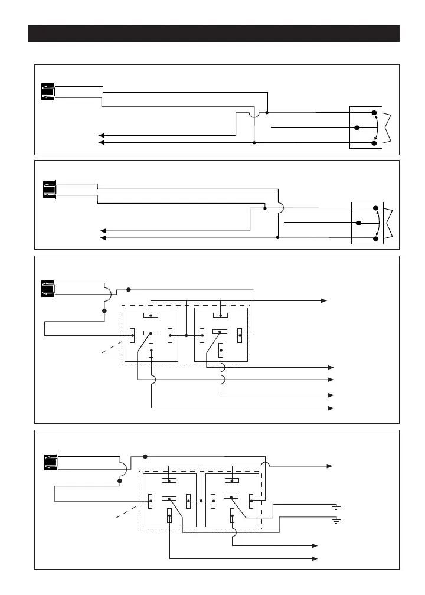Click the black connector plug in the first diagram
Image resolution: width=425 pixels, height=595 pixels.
click(x=48, y=92)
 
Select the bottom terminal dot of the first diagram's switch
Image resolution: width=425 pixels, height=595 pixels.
click(x=374, y=143)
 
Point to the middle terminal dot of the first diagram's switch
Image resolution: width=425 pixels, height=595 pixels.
click(x=357, y=127)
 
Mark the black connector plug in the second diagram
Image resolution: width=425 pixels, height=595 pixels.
click(x=50, y=188)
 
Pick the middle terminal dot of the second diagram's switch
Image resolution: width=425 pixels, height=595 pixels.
click(x=358, y=223)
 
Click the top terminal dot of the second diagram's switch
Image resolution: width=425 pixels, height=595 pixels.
click(x=376, y=208)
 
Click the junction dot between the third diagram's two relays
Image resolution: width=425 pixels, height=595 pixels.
click(x=186, y=335)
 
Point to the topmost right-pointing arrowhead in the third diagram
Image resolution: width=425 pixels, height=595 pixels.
click(x=324, y=300)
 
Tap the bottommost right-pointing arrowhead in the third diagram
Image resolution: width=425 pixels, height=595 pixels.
click(x=331, y=408)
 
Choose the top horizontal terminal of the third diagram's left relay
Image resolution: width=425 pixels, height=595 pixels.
click(x=151, y=315)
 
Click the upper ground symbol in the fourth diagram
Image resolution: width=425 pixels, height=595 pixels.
click(x=336, y=506)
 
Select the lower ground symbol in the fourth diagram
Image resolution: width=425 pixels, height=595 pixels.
click(x=336, y=520)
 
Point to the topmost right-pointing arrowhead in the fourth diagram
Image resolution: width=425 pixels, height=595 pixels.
click(x=330, y=466)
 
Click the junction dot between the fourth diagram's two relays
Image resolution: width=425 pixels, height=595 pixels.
click(x=201, y=501)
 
